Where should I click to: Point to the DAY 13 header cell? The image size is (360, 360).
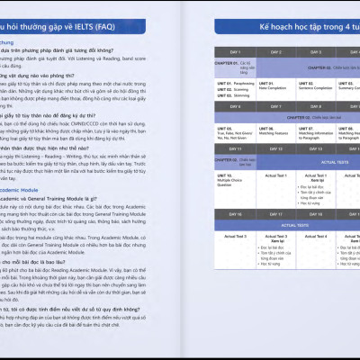point(322,148)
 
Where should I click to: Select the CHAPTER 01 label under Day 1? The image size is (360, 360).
point(226,65)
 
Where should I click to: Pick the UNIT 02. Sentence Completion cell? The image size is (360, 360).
point(321,87)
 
